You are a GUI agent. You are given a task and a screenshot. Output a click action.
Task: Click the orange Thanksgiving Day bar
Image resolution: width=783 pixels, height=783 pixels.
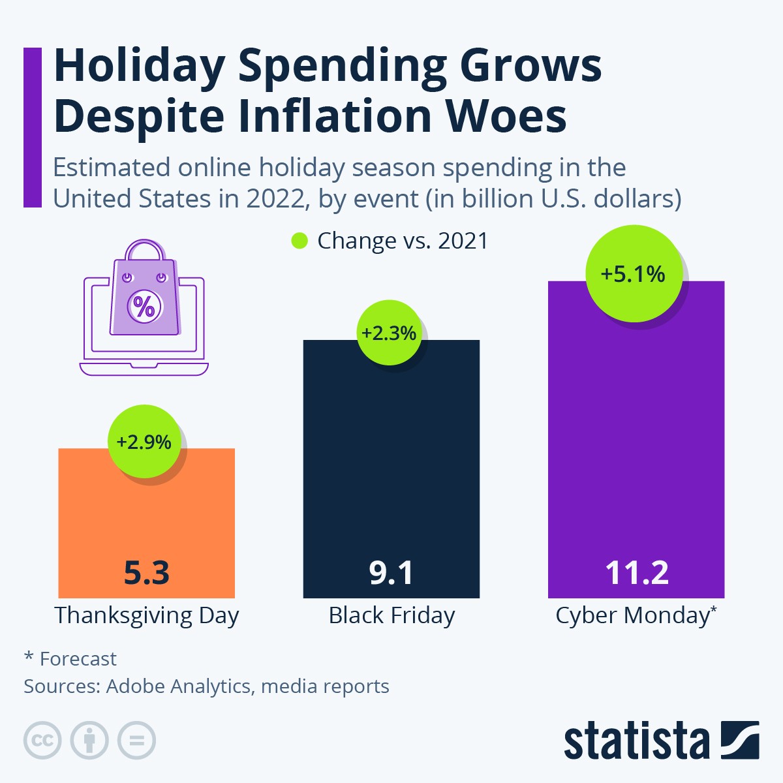[146, 522]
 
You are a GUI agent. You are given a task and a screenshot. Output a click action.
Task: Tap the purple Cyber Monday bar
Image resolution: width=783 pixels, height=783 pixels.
[636, 444]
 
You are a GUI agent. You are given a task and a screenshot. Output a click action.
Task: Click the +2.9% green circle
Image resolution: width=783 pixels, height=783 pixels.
[144, 442]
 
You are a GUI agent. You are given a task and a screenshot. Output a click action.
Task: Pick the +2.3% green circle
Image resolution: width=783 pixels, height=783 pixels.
[389, 333]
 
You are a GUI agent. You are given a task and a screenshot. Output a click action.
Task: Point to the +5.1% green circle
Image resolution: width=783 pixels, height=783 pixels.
[633, 273]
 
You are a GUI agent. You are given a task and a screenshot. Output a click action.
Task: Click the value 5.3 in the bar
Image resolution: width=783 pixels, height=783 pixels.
[146, 573]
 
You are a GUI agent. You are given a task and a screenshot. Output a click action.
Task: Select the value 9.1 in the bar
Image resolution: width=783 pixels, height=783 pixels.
[391, 573]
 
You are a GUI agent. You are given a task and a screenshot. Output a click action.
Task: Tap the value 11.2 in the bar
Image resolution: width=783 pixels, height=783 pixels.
[636, 573]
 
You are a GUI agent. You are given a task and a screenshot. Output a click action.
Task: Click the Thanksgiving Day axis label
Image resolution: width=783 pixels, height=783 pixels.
[146, 615]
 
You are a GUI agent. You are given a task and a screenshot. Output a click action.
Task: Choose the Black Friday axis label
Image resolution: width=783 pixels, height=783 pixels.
[391, 615]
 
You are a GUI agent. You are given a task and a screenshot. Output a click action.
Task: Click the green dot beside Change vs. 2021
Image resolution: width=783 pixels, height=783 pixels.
[299, 241]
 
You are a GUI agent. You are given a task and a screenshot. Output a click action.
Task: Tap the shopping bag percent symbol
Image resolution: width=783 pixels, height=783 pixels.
[144, 305]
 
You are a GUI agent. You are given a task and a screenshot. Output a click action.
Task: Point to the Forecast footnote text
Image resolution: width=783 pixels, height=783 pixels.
[78, 659]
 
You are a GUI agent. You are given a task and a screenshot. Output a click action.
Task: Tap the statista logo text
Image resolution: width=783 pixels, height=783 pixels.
[636, 741]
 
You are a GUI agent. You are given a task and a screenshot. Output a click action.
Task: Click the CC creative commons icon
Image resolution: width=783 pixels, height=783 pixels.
[42, 741]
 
